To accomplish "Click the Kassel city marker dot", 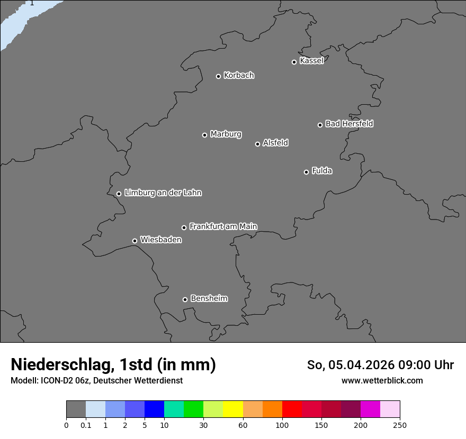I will coord(294,62).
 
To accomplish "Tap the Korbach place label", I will coord(239,76).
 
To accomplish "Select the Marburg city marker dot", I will coord(204,135).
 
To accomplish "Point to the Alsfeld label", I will coord(275,143).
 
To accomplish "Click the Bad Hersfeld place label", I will coord(349,124).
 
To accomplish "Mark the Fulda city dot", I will coord(306,172).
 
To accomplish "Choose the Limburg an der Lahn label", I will coord(163,193).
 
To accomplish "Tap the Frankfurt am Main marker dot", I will coord(184,227).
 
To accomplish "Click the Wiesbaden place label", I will coord(160,240).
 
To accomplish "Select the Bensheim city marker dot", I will coord(185,299).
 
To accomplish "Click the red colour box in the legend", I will coord(292,409).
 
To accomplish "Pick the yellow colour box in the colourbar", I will coord(233,409).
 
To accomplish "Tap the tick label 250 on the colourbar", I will coord(400,425).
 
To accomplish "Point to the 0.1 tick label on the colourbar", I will coord(86,425).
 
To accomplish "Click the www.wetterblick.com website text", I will coord(382,380).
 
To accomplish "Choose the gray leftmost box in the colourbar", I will coord(76,409).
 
